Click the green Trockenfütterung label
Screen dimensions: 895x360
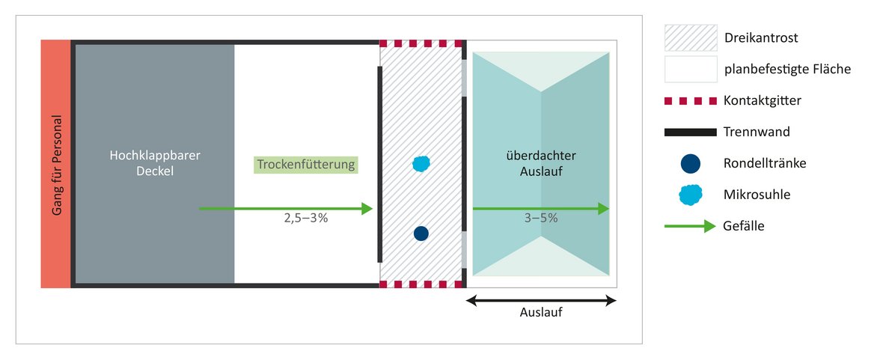pos(306,165)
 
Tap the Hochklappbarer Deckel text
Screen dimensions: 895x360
pos(155,162)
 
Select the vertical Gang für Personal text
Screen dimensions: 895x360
pos(57,165)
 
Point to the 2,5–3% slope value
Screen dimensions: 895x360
pos(306,217)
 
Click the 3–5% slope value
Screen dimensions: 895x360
pos(540,217)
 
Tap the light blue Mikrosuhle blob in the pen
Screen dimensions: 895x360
pos(421,164)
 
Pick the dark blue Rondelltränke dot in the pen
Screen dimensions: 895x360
pos(421,234)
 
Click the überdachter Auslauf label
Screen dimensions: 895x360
pos(541,162)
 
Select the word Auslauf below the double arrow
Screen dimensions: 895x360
pos(541,313)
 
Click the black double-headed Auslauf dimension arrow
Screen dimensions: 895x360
pos(541,301)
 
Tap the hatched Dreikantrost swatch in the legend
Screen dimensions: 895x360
pos(691,38)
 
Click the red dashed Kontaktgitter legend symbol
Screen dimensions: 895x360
pos(691,101)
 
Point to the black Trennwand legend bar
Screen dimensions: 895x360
pos(691,132)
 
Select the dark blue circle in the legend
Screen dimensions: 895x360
pos(691,164)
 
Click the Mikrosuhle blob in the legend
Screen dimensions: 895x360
pos(691,195)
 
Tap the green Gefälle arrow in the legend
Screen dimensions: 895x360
pos(690,227)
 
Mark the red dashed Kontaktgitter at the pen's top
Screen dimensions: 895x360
pos(421,43)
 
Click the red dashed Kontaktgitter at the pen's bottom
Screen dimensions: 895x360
pos(421,284)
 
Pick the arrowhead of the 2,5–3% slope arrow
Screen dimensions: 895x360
pos(367,209)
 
